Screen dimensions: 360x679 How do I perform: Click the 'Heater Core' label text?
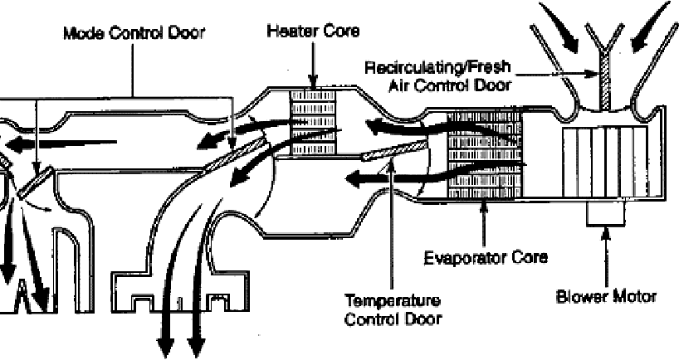click(313, 31)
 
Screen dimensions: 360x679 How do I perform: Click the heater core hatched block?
click(312, 122)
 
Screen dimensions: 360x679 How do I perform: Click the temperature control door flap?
click(396, 152)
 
